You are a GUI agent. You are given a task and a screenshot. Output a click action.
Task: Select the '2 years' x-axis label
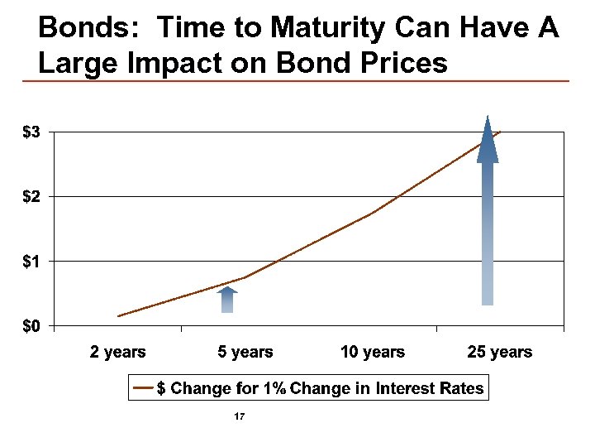118,352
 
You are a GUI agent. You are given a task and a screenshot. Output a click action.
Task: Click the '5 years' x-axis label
245,352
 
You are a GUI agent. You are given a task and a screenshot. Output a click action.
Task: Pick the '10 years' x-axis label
373,352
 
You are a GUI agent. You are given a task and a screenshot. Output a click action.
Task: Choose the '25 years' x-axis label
500,352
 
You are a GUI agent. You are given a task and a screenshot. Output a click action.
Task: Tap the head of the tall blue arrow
488,141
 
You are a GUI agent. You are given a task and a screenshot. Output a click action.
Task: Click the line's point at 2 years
118,315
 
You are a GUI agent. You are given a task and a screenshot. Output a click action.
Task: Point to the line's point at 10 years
373,213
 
